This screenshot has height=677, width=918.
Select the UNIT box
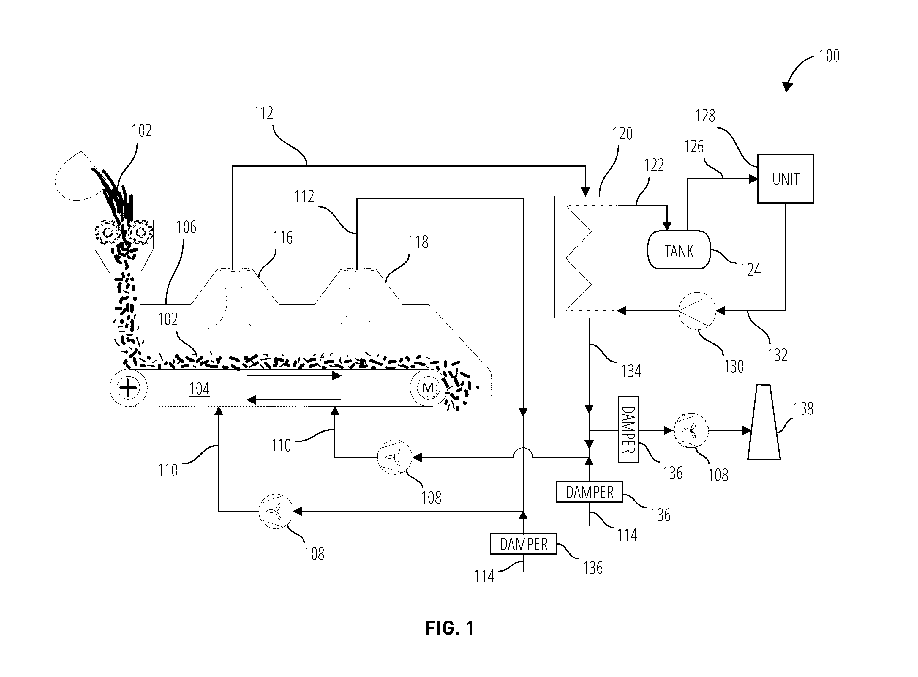pos(785,179)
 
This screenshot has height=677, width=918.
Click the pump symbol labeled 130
pos(697,311)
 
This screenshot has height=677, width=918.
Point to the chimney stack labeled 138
pos(764,422)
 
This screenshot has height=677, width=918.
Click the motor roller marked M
pos(428,387)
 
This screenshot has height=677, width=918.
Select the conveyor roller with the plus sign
pos(128,388)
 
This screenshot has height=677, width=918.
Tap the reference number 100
pos(829,56)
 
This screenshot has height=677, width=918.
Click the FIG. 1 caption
pos(449,628)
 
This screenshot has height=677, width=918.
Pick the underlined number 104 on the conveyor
pos(200,389)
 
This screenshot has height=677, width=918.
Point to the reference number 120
pos(622,134)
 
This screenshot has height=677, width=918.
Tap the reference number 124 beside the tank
pos(750,270)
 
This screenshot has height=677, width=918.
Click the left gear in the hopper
pos(108,232)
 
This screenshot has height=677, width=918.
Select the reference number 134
pos(631,371)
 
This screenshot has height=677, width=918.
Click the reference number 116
pos(283,238)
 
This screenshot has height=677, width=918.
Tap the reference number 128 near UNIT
pos(705,116)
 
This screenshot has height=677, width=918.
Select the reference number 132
pos(777,355)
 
